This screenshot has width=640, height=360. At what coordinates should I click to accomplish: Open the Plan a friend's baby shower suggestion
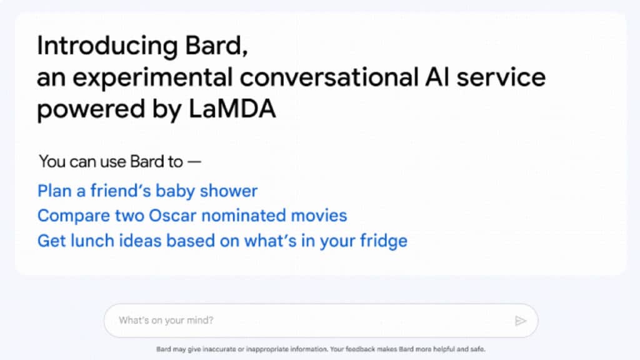pyautogui.click(x=147, y=191)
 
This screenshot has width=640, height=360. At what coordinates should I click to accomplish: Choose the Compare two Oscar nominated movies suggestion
pyautogui.click(x=192, y=216)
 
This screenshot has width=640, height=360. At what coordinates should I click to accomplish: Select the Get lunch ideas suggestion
pyautogui.click(x=222, y=241)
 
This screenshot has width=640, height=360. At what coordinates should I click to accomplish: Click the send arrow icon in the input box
pyautogui.click(x=521, y=321)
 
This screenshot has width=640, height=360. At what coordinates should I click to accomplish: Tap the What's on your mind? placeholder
pyautogui.click(x=166, y=321)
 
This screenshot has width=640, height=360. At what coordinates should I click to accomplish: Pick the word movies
pyautogui.click(x=316, y=216)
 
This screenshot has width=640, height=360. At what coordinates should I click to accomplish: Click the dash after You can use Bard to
pyautogui.click(x=194, y=161)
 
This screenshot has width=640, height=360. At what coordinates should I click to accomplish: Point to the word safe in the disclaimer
pyautogui.click(x=477, y=349)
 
